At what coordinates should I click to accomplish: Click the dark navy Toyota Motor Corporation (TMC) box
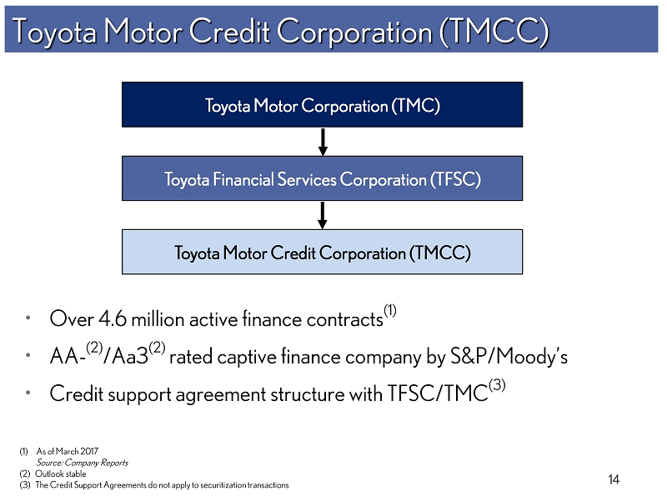pyautogui.click(x=322, y=105)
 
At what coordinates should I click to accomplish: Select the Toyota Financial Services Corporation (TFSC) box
pyautogui.click(x=322, y=178)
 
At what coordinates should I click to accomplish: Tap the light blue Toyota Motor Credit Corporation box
pyautogui.click(x=322, y=253)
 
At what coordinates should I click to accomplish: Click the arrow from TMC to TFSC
pyautogui.click(x=323, y=142)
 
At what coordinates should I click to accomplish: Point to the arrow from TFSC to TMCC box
pyautogui.click(x=323, y=216)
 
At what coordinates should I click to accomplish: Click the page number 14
pyautogui.click(x=614, y=479)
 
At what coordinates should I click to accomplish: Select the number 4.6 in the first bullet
pyautogui.click(x=113, y=319)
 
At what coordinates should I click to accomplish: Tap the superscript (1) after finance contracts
pyautogui.click(x=390, y=310)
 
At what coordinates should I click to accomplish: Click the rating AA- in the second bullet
pyautogui.click(x=65, y=357)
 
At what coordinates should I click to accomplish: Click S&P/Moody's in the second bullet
pyautogui.click(x=509, y=357)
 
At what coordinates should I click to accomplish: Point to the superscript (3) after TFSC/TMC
pyautogui.click(x=497, y=385)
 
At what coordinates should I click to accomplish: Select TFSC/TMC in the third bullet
pyautogui.click(x=437, y=393)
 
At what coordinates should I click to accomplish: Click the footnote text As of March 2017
pyautogui.click(x=68, y=451)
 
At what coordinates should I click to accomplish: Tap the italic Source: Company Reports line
pyautogui.click(x=82, y=463)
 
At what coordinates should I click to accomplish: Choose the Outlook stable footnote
pyautogui.click(x=60, y=473)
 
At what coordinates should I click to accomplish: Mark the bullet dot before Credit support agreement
pyautogui.click(x=28, y=393)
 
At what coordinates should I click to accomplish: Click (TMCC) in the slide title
pyautogui.click(x=494, y=32)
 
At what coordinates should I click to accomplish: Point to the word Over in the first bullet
pyautogui.click(x=71, y=319)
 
